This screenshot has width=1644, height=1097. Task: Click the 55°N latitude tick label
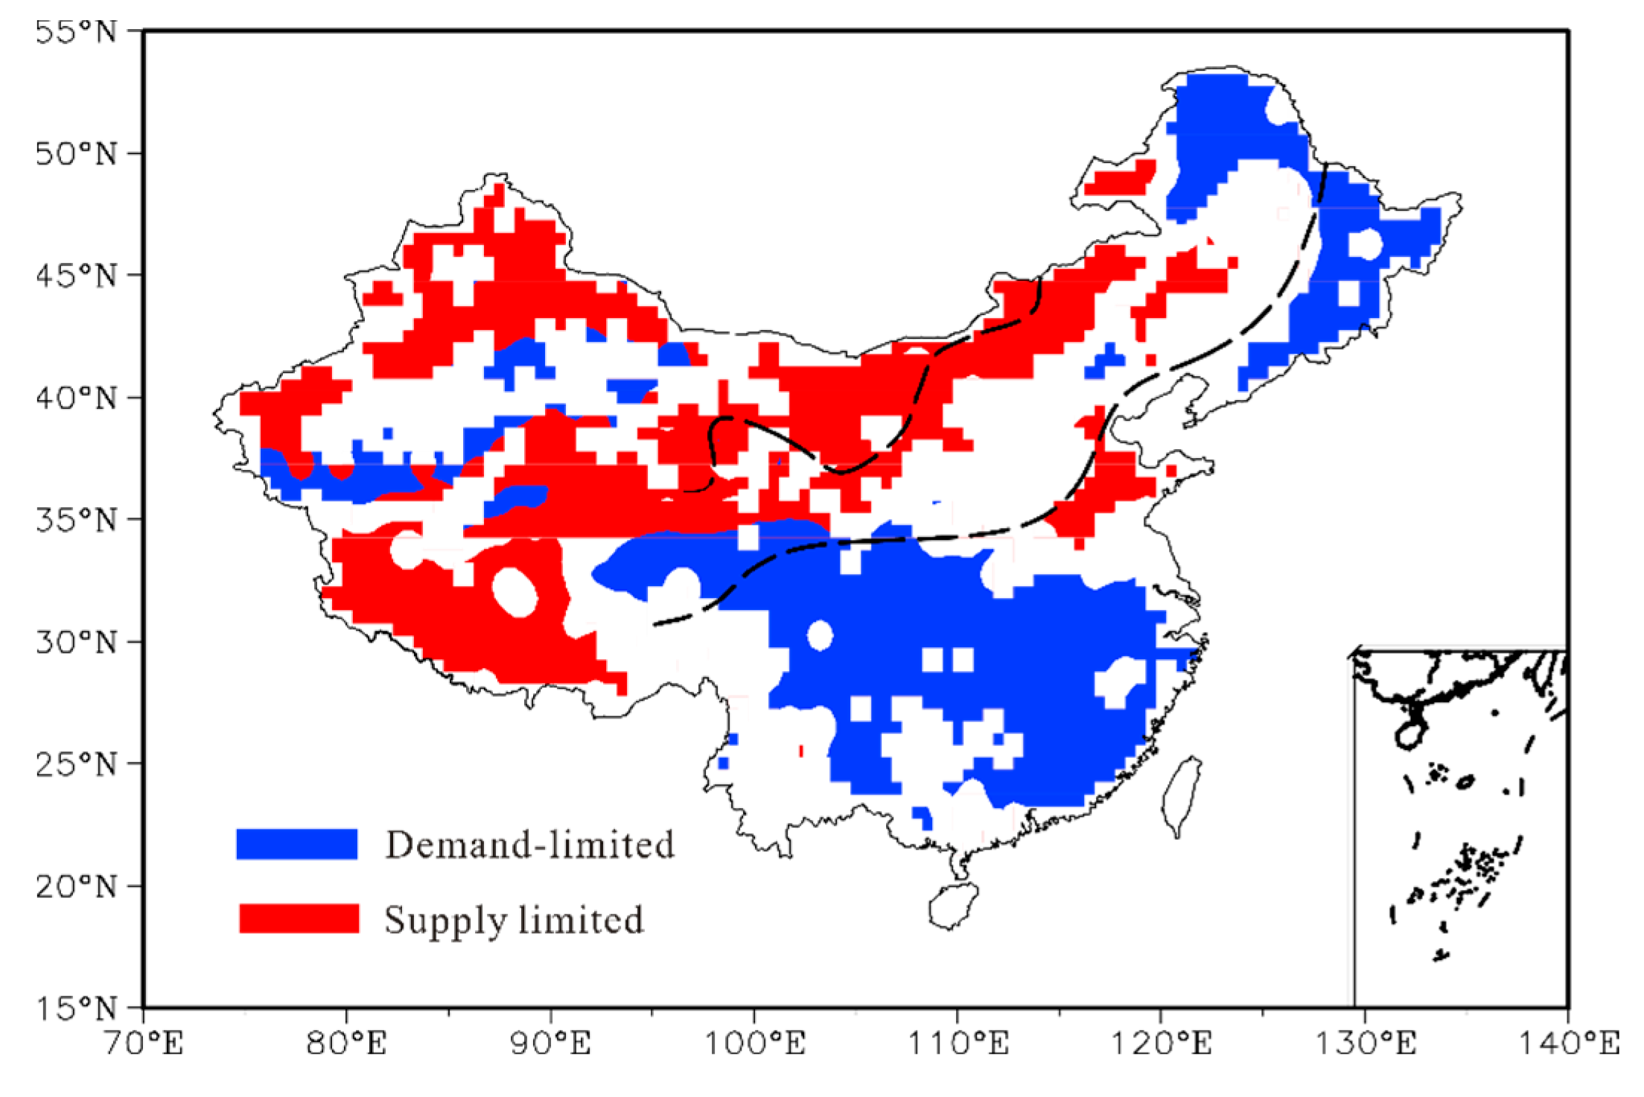pyautogui.click(x=76, y=32)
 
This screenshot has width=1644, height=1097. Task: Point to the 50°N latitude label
pyautogui.click(x=76, y=153)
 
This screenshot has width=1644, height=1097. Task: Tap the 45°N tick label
pyautogui.click(x=76, y=276)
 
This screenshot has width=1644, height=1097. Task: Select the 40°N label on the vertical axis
pyautogui.click(x=76, y=398)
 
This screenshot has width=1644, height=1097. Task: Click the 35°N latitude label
pyautogui.click(x=76, y=519)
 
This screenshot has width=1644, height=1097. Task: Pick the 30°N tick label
pyautogui.click(x=76, y=641)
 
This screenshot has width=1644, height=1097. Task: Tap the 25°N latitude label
pyautogui.click(x=76, y=763)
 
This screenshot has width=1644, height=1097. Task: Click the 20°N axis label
pyautogui.click(x=76, y=886)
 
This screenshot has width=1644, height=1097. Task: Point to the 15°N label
pyautogui.click(x=76, y=1008)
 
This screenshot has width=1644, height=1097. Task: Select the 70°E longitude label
pyautogui.click(x=144, y=1043)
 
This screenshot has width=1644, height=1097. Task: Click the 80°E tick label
pyautogui.click(x=347, y=1043)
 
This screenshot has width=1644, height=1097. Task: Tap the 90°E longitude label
pyautogui.click(x=551, y=1043)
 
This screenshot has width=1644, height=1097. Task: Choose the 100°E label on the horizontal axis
pyautogui.click(x=754, y=1043)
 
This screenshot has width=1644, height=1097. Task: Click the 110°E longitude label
pyautogui.click(x=958, y=1043)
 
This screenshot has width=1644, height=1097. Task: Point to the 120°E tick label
pyautogui.click(x=1162, y=1043)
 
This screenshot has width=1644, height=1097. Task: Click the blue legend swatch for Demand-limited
pyautogui.click(x=297, y=844)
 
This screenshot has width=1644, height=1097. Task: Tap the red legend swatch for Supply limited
pyautogui.click(x=299, y=918)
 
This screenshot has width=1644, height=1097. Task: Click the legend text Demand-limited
pyautogui.click(x=529, y=845)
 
